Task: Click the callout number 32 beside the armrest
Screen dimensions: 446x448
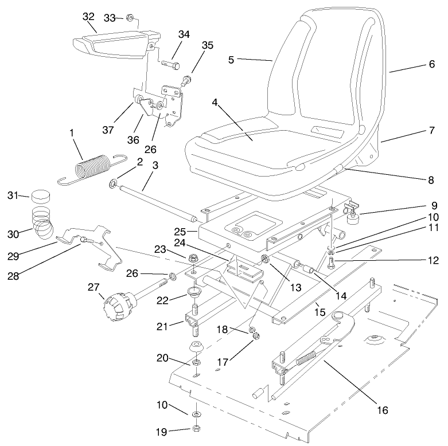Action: (x=88, y=17)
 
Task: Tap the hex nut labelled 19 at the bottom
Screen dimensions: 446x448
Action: (x=197, y=428)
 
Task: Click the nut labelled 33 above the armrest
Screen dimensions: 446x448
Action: (x=131, y=18)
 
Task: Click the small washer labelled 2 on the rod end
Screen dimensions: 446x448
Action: (x=114, y=184)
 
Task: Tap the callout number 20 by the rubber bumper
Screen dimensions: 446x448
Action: (x=162, y=358)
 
